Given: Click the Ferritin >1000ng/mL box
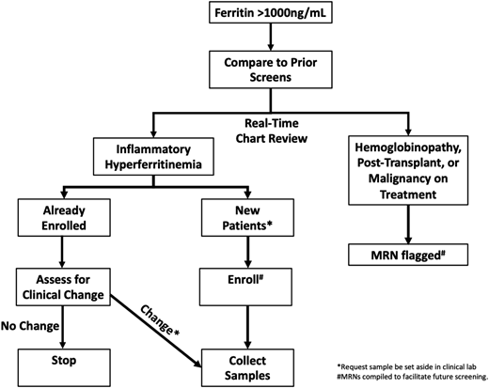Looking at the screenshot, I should pyautogui.click(x=270, y=14).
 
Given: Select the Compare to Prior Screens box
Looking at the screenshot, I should pyautogui.click(x=270, y=77).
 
